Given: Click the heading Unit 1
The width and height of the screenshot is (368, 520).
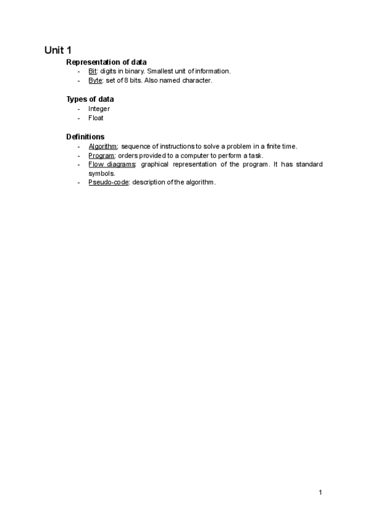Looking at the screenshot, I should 58,50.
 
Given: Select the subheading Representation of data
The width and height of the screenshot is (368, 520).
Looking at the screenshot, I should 106,62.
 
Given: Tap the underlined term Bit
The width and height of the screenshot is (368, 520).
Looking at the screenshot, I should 93,71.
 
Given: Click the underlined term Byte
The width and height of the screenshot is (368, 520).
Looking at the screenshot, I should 95,80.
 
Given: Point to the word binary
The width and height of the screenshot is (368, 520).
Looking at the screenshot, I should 131,71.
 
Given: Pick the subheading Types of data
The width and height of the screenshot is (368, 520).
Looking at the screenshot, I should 90,99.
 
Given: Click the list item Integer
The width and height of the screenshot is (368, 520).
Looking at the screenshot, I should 99,109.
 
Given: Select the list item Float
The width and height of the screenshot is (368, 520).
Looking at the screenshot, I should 96,118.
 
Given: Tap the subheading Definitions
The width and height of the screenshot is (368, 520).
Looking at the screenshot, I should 85,137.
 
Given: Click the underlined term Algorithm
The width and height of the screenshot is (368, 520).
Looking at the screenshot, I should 103,146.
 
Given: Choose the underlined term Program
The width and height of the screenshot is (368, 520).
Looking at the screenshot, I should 102,155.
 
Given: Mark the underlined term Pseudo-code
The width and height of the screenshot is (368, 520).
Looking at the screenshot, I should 108,183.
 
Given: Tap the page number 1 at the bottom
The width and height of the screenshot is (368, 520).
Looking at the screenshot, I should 320,492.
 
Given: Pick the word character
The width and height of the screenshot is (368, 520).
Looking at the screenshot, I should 196,80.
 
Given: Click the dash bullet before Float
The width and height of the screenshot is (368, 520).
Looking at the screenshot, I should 79,118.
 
